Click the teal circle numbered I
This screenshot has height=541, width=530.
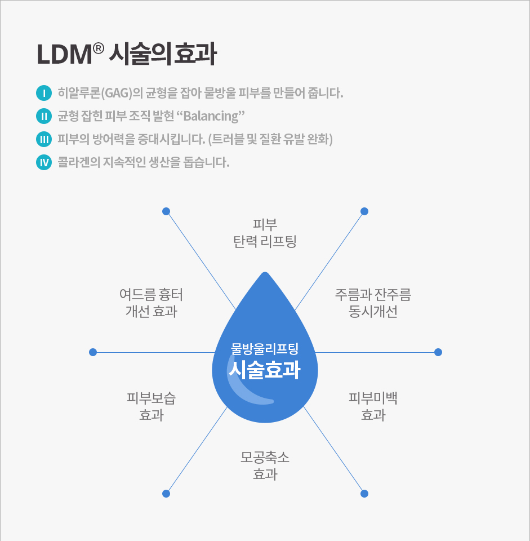(44, 93)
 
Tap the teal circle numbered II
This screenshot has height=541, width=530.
(44, 116)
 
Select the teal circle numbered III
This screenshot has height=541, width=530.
(44, 139)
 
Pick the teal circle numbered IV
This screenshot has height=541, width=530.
(44, 162)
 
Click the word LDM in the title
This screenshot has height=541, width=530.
(64, 55)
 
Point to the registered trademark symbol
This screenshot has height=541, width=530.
(98, 48)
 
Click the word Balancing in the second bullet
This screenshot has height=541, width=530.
(211, 116)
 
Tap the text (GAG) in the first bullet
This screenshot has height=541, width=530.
(117, 93)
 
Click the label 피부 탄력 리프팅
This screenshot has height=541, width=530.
(265, 233)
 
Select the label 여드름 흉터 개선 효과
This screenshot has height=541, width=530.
(151, 303)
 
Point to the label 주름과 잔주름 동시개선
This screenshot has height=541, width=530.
(373, 303)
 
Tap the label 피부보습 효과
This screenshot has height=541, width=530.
(151, 406)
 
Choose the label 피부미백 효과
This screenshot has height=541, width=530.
(373, 406)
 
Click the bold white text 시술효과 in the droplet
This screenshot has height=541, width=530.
(265, 370)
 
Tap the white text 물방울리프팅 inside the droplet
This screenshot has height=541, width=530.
(265, 349)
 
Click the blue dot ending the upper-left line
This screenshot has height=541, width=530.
(166, 211)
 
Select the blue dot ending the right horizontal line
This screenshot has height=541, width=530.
(438, 352)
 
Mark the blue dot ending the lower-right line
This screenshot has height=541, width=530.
(364, 494)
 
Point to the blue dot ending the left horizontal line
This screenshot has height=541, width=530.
(93, 352)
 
